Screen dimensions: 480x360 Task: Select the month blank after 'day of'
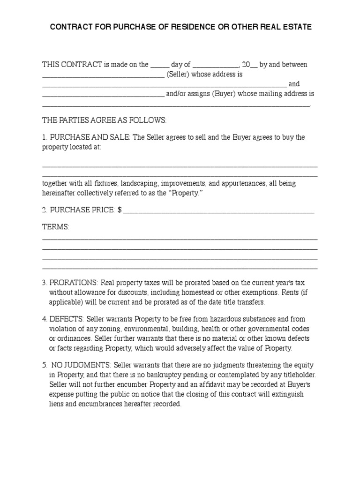click(x=216, y=65)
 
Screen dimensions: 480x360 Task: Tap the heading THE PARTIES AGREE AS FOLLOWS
click(x=105, y=120)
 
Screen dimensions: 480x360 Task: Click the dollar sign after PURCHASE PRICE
click(x=120, y=210)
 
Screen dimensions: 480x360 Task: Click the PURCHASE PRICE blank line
click(x=218, y=211)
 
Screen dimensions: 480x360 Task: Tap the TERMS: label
click(x=56, y=227)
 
